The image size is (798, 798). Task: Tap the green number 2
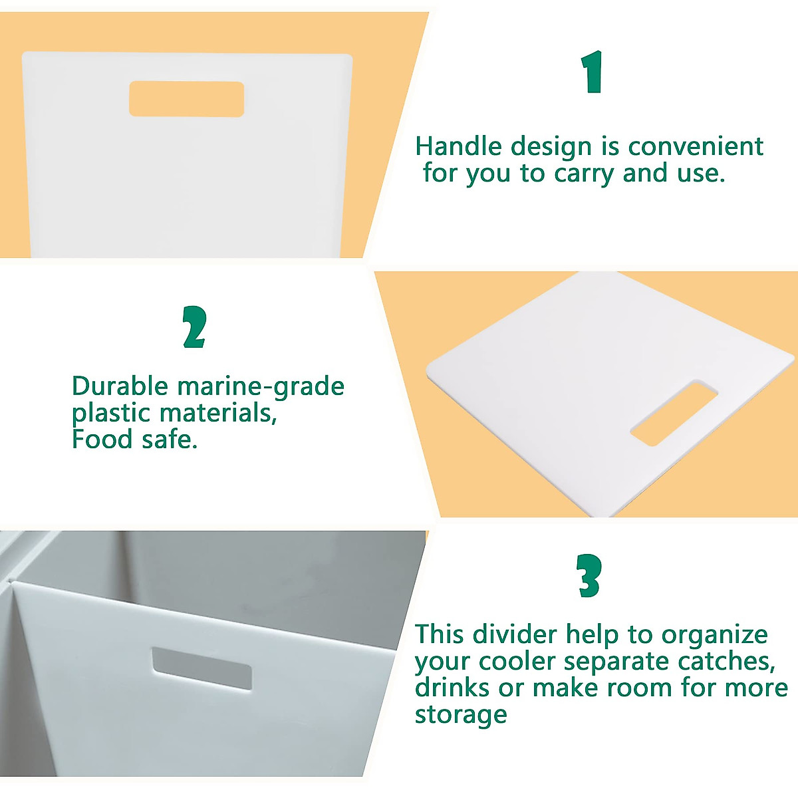coord(194,327)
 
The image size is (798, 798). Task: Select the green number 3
coord(589,576)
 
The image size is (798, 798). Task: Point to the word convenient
coord(696,146)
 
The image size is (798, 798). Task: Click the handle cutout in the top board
coord(186,99)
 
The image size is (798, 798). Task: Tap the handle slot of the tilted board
coord(674,412)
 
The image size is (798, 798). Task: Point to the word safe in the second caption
coord(169,440)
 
